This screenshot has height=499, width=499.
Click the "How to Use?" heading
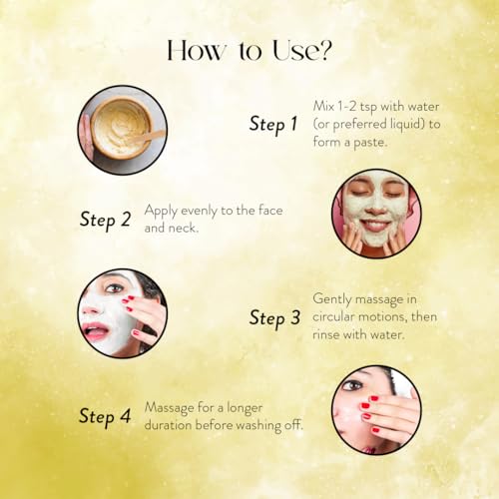point(249,51)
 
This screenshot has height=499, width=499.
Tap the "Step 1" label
point(273,124)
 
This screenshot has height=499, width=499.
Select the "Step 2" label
point(105,220)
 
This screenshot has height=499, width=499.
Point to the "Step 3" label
point(274,318)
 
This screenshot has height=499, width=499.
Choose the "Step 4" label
point(105,416)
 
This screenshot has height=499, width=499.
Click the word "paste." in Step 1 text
point(370,143)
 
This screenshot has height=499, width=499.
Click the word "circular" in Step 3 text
point(333,316)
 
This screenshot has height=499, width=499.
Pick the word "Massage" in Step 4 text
point(170,408)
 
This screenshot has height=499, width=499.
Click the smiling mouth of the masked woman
point(374,226)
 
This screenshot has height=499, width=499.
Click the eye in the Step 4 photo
point(352,385)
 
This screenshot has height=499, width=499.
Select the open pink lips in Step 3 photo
point(94,331)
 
